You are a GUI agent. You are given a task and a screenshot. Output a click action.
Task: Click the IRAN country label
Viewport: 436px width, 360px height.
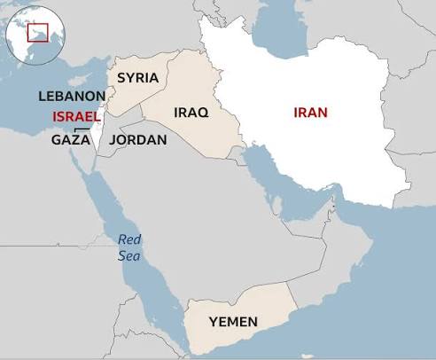310,112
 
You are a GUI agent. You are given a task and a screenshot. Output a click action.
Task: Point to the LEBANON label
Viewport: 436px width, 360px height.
73,95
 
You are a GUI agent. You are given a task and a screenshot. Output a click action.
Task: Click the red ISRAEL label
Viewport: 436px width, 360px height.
77,117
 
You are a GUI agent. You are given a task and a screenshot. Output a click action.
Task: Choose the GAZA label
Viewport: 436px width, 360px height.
70,139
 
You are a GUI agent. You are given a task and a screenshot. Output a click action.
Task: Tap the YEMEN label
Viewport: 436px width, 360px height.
232,321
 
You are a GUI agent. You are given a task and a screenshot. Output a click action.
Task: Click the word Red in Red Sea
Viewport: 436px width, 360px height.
130,239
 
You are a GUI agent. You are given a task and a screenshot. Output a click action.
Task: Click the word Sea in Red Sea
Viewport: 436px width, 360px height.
129,255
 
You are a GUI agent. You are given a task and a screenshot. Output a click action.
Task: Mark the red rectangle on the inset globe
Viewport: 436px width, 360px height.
37,33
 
